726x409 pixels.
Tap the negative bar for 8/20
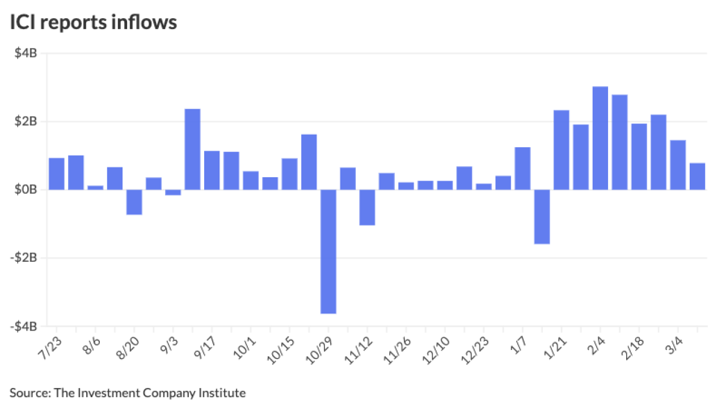(134, 202)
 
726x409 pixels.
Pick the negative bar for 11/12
(367, 207)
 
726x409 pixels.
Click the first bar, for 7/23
(57, 174)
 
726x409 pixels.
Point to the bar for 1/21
(562, 150)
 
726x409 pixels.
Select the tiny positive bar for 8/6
(95, 187)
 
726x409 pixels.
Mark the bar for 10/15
(289, 174)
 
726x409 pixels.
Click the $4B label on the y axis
(27, 53)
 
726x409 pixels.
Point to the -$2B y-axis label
(24, 258)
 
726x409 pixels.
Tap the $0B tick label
(27, 190)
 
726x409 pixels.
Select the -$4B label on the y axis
(24, 327)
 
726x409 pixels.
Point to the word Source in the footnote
(28, 393)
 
